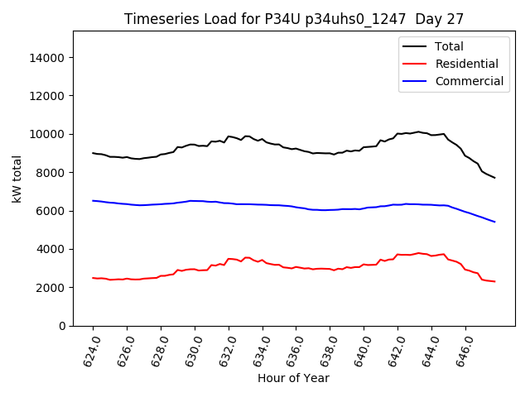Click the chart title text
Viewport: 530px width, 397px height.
[294, 18]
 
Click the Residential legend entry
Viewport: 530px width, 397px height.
[466, 64]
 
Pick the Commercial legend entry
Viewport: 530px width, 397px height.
[469, 81]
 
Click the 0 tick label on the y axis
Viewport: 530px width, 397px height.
[63, 326]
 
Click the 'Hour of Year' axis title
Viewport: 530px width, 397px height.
[293, 378]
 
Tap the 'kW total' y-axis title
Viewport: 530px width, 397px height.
[17, 178]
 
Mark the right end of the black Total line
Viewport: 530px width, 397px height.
[494, 178]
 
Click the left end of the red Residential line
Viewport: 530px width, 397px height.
[93, 278]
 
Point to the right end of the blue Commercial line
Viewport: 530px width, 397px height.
[494, 222]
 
